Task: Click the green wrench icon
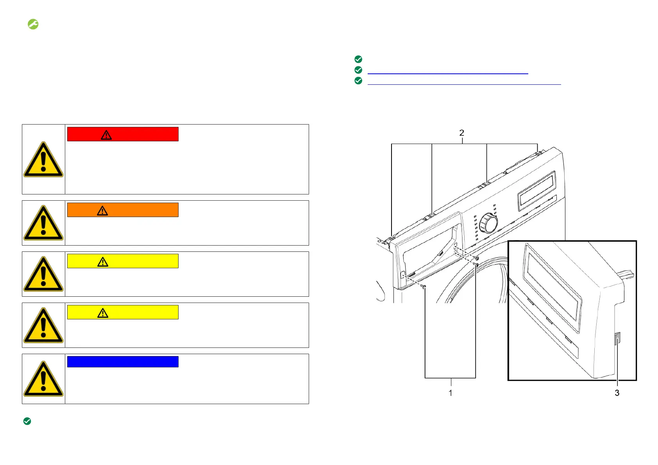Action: (x=33, y=24)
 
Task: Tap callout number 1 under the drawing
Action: (x=450, y=393)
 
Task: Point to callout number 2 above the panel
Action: (x=462, y=133)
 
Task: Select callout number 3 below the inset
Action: (x=617, y=393)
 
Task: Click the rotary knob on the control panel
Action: (x=488, y=223)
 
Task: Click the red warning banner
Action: (x=123, y=134)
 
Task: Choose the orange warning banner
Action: (x=123, y=210)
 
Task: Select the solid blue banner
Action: (x=123, y=362)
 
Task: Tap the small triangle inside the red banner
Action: (x=106, y=135)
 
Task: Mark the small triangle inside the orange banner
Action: (x=102, y=211)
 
